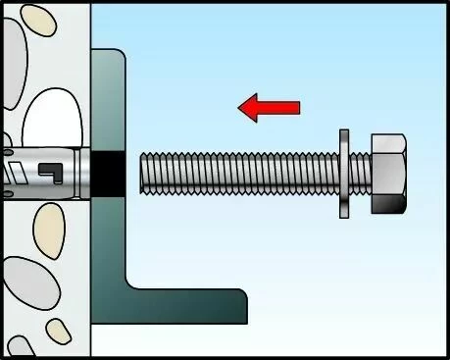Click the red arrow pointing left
269,107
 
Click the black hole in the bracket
110,174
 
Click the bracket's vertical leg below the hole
109,245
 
